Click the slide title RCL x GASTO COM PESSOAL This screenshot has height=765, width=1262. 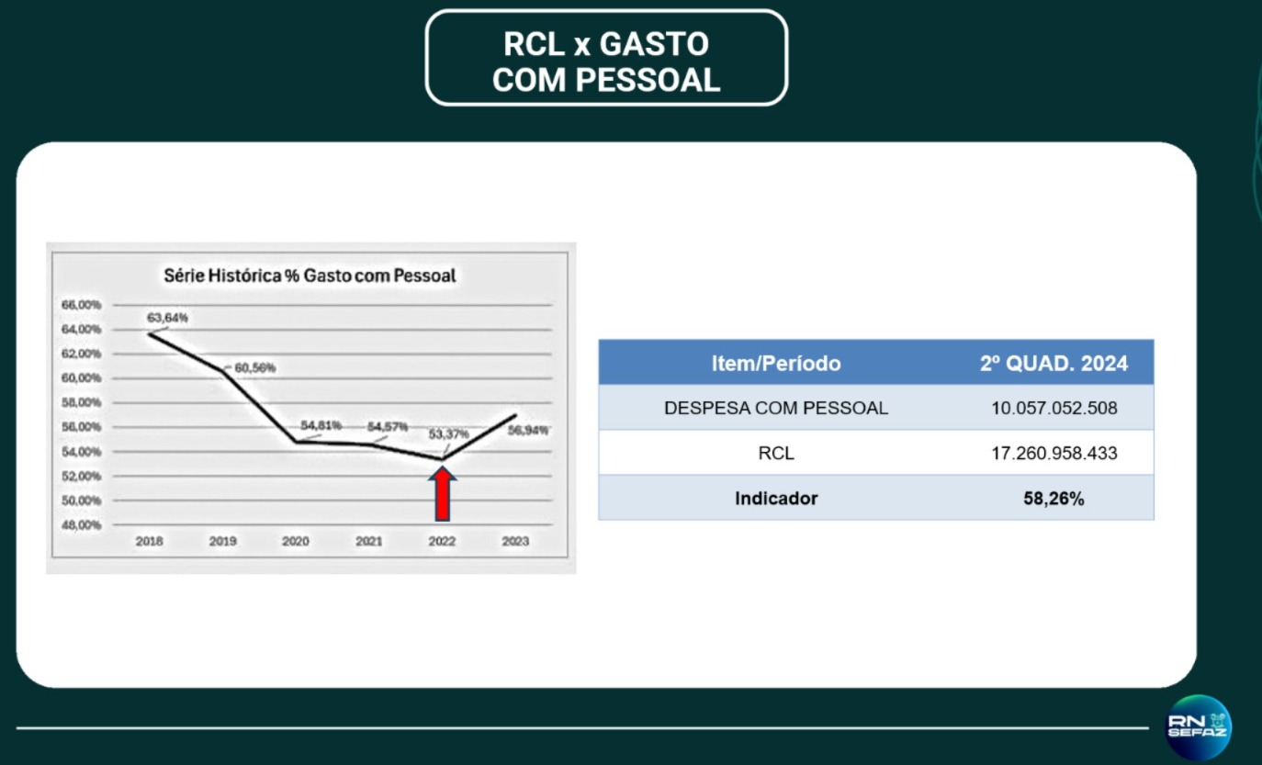coord(606,62)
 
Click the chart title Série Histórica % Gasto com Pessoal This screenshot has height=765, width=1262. coord(310,276)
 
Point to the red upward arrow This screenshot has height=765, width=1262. coord(443,494)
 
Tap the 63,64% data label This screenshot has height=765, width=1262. coord(167,318)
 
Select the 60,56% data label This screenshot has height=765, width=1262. coord(254,368)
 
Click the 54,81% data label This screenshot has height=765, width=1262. coord(321,425)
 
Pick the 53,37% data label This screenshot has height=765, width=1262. coord(448,433)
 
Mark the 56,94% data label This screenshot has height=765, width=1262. coord(528,431)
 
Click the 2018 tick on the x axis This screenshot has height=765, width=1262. coord(150,541)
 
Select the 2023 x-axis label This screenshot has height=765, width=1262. coord(515,541)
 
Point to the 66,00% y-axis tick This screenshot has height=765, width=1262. coord(81,305)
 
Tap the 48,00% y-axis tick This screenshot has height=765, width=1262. coord(81,525)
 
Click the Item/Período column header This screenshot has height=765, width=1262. coord(776,364)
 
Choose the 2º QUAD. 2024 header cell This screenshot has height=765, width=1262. coord(1054,364)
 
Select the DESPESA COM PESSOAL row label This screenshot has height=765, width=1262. coord(776,408)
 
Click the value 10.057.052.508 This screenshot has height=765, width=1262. coord(1054,408)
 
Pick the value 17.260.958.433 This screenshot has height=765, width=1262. coord(1054,453)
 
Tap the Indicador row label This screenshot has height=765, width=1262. coord(776,498)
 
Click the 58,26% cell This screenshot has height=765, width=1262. coord(1054,498)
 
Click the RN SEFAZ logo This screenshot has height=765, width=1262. coord(1198,727)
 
